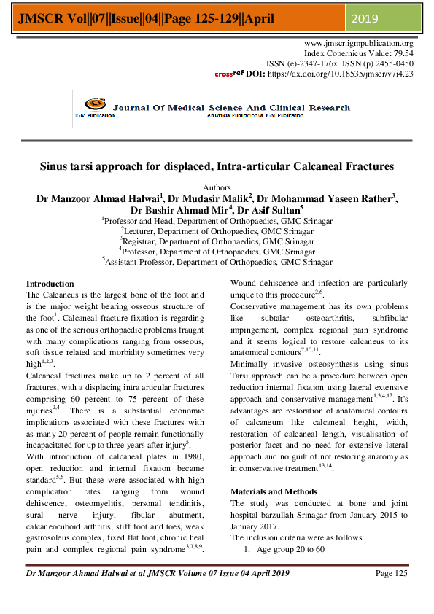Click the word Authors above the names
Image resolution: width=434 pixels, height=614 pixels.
217,187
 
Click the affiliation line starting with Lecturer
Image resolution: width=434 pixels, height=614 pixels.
217,230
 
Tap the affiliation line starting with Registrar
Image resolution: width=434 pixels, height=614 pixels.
217,241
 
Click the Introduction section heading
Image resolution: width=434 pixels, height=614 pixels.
50,284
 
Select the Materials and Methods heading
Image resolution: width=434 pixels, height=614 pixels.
274,491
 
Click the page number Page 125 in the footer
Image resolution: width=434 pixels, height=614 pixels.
391,573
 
